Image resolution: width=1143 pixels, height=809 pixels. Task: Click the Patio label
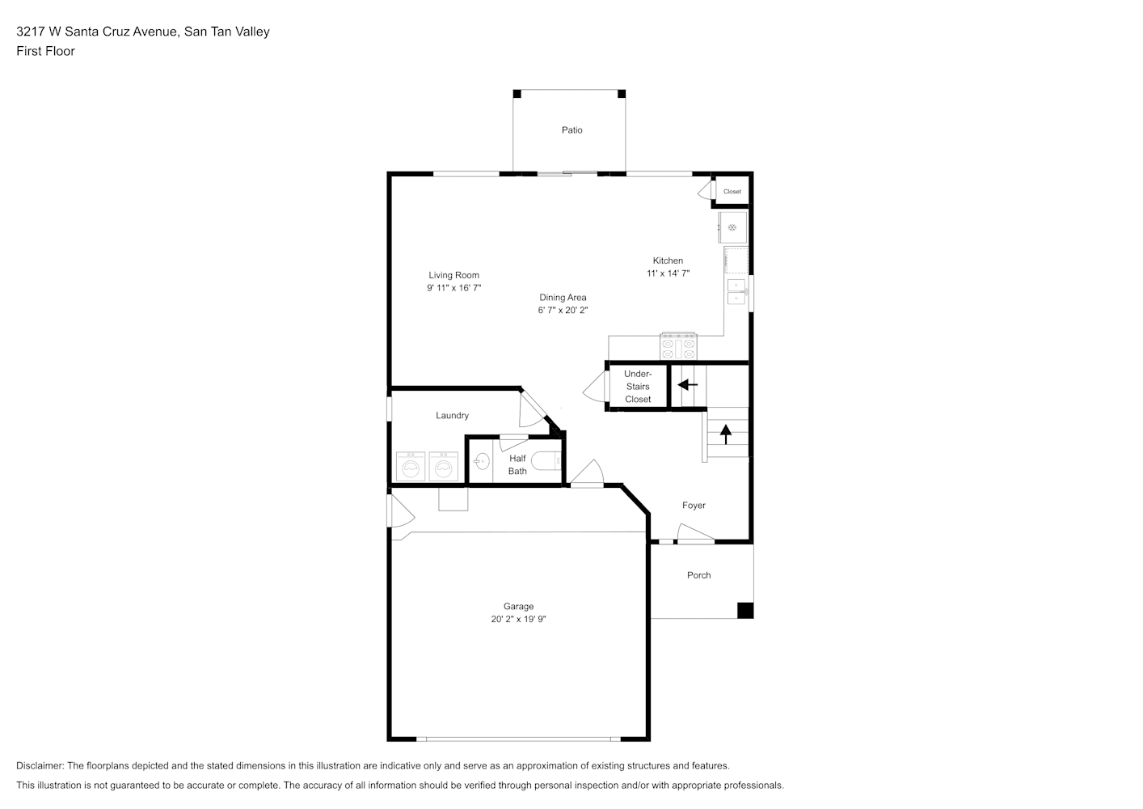click(x=571, y=130)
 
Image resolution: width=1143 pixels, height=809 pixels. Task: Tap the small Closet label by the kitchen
click(x=732, y=192)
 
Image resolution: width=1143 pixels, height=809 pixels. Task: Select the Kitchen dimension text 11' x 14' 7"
click(x=668, y=273)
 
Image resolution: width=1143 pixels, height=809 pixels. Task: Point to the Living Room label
click(x=453, y=275)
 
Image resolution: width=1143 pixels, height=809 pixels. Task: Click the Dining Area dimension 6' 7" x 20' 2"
click(x=563, y=310)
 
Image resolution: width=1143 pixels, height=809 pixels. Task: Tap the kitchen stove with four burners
click(x=678, y=347)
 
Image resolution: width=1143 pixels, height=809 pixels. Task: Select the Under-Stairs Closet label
click(x=638, y=387)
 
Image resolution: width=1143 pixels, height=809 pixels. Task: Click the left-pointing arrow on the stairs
click(x=687, y=384)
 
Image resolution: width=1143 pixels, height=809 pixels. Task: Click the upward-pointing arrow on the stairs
click(x=726, y=434)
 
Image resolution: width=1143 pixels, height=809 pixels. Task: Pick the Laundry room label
click(x=452, y=416)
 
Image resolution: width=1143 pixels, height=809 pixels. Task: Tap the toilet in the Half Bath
click(x=546, y=461)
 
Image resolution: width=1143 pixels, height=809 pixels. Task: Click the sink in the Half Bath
click(x=481, y=462)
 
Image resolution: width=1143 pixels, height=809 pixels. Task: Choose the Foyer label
click(x=694, y=506)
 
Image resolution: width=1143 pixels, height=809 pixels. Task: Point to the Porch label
click(x=698, y=575)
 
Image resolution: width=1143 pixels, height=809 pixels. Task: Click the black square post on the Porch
click(x=745, y=611)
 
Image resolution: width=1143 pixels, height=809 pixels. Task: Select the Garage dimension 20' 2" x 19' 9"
click(x=518, y=619)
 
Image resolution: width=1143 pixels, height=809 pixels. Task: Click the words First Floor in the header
click(x=45, y=51)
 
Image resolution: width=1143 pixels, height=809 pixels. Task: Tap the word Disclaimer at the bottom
click(x=40, y=765)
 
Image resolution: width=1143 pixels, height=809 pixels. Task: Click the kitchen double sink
click(x=736, y=291)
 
